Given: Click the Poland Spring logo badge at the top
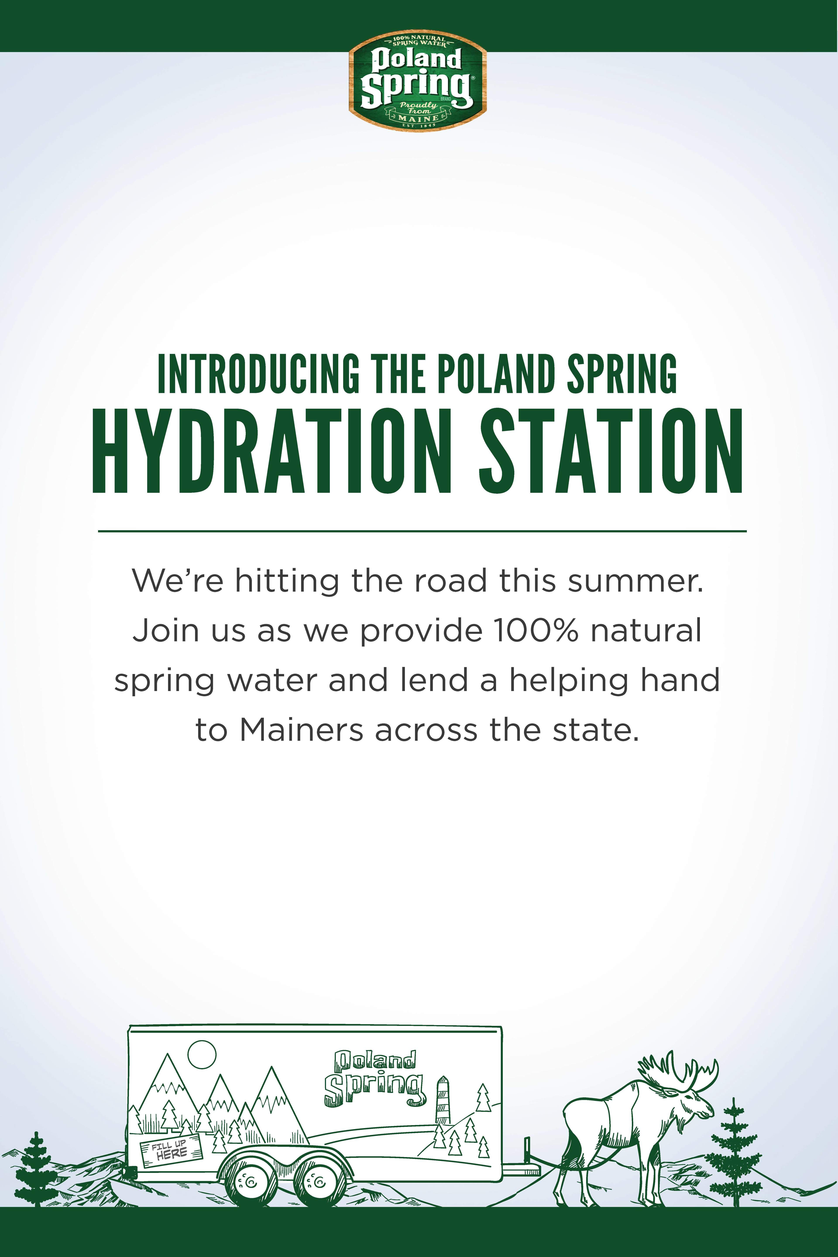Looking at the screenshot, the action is pos(417,83).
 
